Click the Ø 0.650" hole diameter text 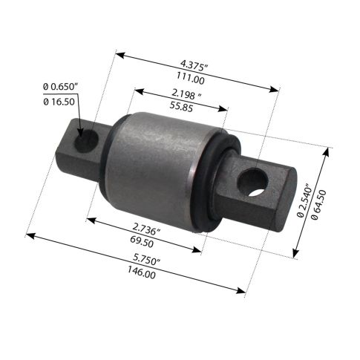pyautogui.click(x=60, y=88)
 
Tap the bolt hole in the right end pyautogui.click(x=275, y=183)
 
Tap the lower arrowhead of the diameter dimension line pyautogui.click(x=295, y=250)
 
